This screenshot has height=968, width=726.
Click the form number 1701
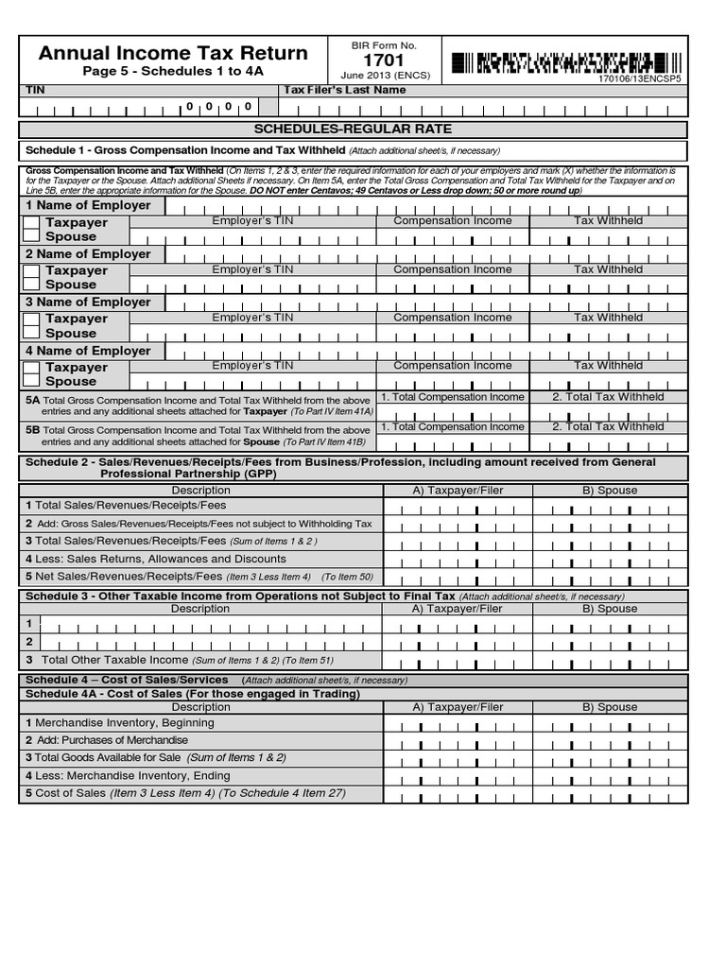coord(383,60)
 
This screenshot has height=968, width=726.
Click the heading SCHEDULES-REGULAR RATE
coord(353,129)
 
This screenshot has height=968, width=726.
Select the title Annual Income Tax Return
coord(173,53)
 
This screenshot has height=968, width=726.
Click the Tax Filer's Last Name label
coord(345,90)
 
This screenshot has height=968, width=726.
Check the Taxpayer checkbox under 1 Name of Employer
coord(31,223)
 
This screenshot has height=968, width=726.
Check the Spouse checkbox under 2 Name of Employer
coord(31,285)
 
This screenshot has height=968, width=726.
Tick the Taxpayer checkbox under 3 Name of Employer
coord(31,320)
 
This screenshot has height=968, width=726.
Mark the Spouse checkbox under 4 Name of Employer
coord(31,381)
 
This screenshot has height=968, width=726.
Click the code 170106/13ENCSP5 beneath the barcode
coord(638,79)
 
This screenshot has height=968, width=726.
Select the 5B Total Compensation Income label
coord(452,427)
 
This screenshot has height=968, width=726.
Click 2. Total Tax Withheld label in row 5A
coord(608,398)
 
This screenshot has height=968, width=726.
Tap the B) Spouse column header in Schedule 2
coord(610,491)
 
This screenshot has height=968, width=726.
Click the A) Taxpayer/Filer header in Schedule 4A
coord(458,707)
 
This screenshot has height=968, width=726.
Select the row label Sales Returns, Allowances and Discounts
coord(161,559)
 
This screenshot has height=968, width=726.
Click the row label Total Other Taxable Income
coord(115,660)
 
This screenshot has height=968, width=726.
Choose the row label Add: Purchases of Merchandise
coord(112,740)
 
